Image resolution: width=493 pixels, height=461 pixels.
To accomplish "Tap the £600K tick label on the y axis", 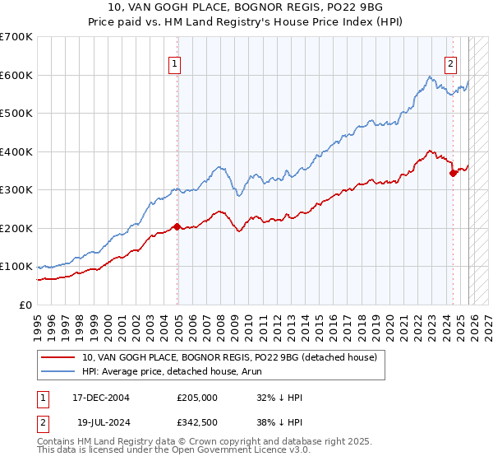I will tap(16, 75).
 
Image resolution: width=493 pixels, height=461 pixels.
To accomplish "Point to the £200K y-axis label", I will tap(16, 228).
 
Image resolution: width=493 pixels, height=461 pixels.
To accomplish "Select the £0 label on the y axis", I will tap(25, 305).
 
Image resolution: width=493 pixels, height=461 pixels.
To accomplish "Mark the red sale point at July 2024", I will tap(453, 173).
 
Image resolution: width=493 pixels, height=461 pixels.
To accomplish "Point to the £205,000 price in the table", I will tap(196, 398).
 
